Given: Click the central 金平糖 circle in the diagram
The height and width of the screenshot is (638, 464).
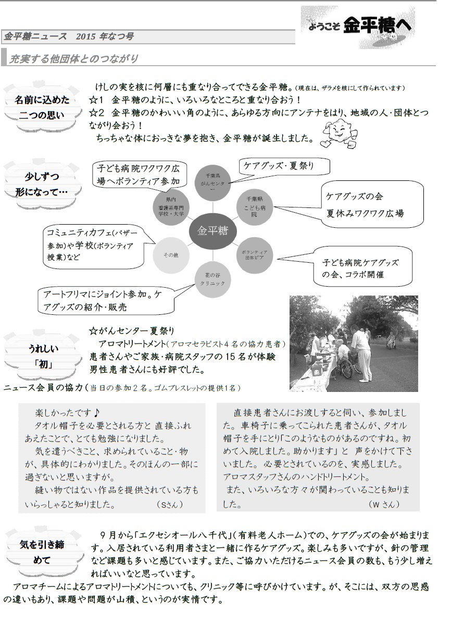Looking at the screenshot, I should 212,230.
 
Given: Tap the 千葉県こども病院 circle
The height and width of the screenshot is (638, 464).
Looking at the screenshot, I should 254,206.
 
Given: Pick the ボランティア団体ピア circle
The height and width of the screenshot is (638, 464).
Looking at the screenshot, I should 254,254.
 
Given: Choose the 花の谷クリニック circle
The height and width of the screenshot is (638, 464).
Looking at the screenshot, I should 212,279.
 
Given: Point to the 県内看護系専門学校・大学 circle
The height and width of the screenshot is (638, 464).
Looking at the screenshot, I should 171,206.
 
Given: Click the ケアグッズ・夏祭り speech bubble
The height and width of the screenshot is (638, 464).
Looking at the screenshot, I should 284,166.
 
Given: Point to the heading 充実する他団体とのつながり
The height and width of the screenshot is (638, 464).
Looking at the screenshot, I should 73,58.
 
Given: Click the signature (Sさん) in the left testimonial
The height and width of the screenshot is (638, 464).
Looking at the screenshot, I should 170,505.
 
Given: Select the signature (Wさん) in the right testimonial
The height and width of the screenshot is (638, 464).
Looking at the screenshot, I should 384,504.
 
